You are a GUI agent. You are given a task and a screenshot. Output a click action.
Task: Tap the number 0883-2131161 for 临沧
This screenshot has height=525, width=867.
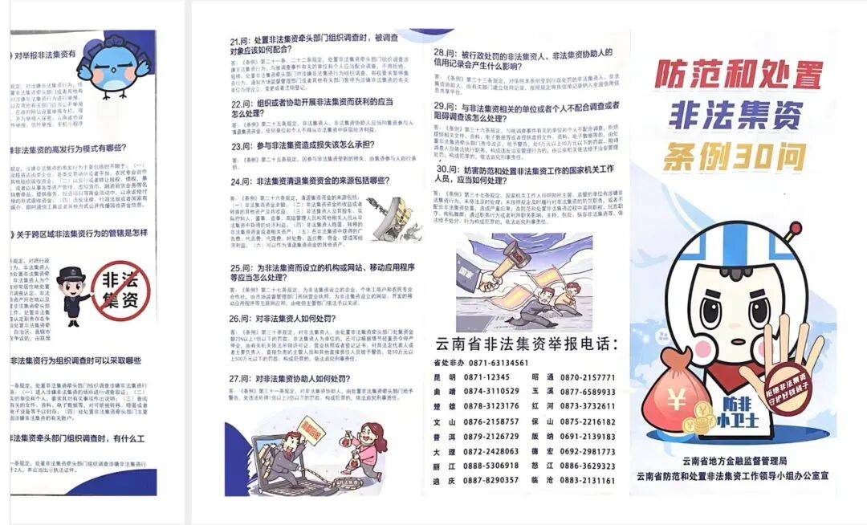tap(587, 480)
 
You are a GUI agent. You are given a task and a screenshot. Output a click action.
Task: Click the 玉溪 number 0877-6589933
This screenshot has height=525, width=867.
tap(587, 392)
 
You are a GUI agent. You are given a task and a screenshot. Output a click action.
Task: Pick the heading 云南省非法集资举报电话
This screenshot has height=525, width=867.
tap(526, 344)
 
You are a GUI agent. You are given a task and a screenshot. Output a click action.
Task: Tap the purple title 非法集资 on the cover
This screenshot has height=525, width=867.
tap(736, 116)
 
